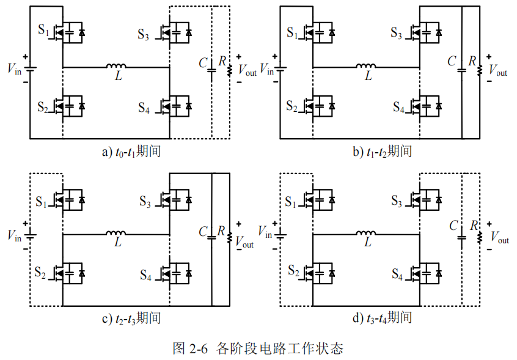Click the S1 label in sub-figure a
(x=43, y=30)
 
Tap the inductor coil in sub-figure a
(x=116, y=65)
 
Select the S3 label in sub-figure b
(x=397, y=33)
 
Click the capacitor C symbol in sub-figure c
(x=211, y=237)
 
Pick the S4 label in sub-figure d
(x=397, y=274)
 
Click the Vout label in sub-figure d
(x=499, y=237)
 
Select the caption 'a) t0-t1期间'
(x=131, y=152)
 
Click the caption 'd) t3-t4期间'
(x=382, y=318)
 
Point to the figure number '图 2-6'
(x=190, y=348)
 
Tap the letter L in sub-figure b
(x=369, y=76)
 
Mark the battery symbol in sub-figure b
(x=280, y=68)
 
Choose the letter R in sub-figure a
(x=222, y=61)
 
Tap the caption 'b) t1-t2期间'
(x=383, y=152)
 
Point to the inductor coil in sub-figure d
(x=366, y=233)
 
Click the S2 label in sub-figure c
(x=40, y=273)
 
